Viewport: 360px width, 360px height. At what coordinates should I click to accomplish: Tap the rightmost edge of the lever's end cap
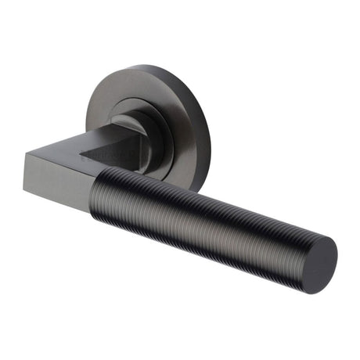coord(337,250)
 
